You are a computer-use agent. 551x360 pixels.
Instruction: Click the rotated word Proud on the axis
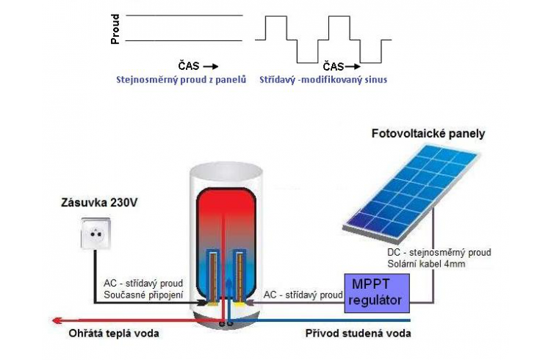pos(115,29)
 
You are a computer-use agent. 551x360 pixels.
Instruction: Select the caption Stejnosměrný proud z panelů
pos(181,78)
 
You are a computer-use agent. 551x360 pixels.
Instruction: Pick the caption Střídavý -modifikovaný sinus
pos(323,78)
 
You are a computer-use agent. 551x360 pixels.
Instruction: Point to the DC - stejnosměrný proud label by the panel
pos(439,253)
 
